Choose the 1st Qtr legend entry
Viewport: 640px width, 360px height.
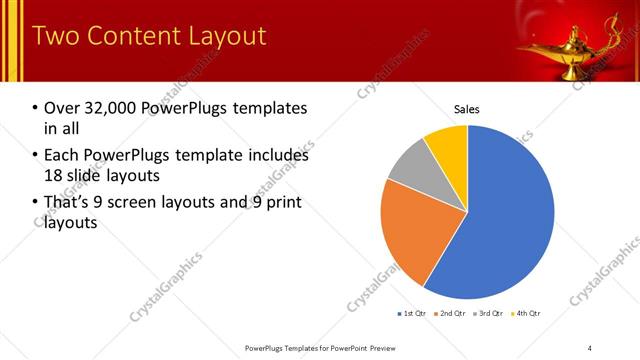coord(412,314)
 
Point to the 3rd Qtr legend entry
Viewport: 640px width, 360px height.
coord(490,314)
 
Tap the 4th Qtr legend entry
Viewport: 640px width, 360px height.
coord(527,314)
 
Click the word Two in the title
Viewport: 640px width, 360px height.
coord(54,37)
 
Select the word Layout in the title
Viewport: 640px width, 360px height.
coord(228,37)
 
